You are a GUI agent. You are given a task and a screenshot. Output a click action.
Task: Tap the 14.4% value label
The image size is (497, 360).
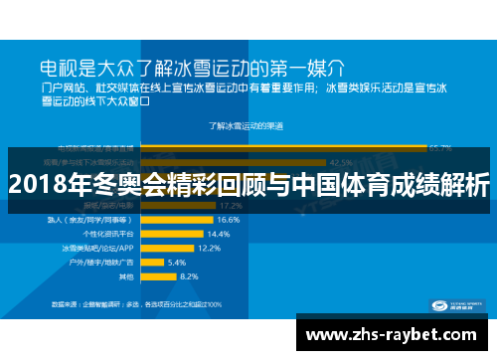click(219, 233)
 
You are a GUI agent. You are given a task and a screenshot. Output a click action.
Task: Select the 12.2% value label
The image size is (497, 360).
click(209, 247)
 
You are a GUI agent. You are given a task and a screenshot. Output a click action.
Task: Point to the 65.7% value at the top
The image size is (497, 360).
click(438, 146)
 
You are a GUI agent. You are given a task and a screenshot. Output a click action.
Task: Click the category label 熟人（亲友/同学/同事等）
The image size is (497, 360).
click(100, 219)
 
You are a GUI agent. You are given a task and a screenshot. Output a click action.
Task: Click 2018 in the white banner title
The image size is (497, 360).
click(36, 185)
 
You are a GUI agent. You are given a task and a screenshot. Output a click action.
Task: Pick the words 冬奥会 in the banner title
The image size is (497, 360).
click(111, 185)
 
